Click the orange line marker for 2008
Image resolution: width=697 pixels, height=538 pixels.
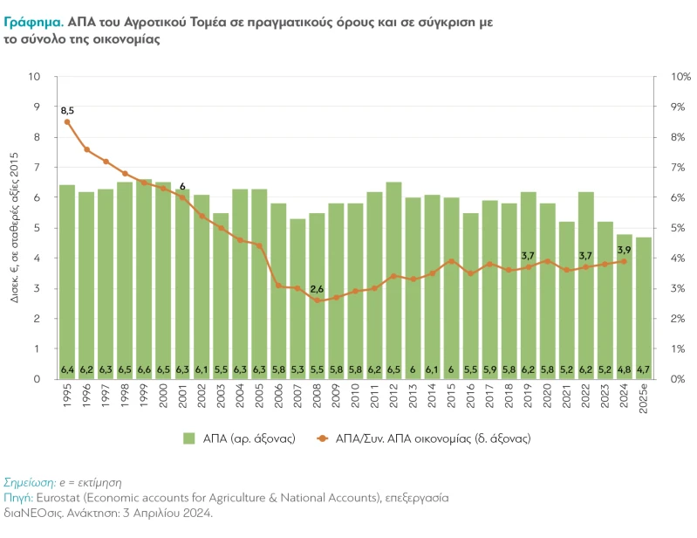[317, 300]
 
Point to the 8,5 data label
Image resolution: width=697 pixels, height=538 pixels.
[67, 110]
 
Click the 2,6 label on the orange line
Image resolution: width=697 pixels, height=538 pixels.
[317, 289]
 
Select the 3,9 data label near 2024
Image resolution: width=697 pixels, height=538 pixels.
[624, 250]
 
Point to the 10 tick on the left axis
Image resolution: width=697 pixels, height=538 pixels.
[36, 77]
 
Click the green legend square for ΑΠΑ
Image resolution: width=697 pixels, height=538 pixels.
[189, 438]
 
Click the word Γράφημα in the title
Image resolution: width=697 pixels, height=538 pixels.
[33, 22]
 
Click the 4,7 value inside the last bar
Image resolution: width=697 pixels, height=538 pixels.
[643, 370]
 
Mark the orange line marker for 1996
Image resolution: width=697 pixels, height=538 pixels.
[86, 149]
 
